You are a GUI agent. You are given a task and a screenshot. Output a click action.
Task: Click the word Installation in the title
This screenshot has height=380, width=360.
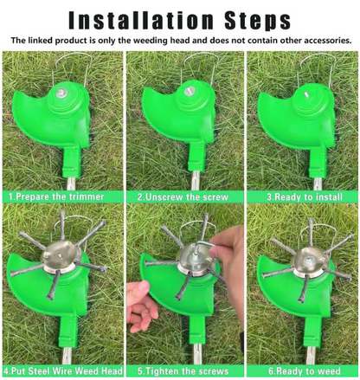pos(141,20)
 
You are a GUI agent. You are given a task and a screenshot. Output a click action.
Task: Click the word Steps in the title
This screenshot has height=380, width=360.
pos(258,21)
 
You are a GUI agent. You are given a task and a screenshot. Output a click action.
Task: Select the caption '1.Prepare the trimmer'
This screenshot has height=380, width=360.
pos(56,196)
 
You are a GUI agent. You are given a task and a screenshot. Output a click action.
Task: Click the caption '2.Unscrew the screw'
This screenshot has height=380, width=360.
pos(183,197)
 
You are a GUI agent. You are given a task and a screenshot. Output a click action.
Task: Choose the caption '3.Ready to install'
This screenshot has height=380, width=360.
pos(305,197)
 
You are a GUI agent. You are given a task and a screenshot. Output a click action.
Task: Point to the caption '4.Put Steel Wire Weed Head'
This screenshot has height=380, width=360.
pos(63,370)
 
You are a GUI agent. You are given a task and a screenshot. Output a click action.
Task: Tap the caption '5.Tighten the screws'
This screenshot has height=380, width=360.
pos(183,370)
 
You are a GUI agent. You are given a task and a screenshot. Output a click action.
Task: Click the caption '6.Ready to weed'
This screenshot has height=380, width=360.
pos(305,370)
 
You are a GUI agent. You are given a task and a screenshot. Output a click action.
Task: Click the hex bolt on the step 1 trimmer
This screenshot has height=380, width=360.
pos(61,93)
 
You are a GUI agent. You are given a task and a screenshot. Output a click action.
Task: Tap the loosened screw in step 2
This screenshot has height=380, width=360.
pos(190,91)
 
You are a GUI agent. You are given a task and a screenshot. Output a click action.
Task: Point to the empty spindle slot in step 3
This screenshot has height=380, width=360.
pos(305,94)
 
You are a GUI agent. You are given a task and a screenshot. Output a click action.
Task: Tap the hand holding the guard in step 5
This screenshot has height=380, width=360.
pos(142,306)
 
